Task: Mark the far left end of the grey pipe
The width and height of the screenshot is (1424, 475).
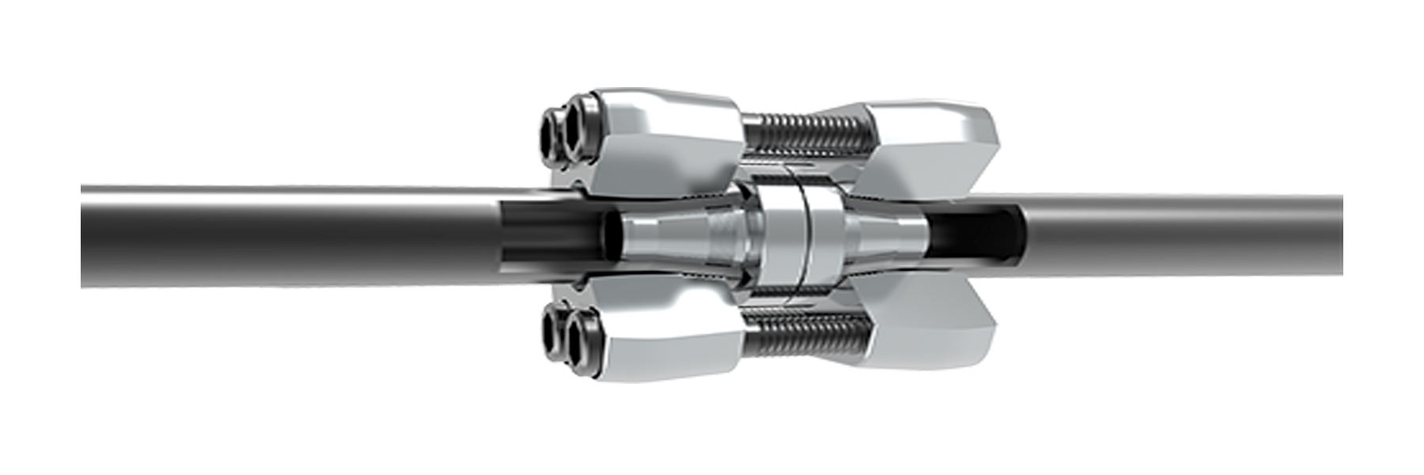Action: tap(85, 236)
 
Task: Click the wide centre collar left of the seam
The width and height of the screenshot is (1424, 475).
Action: tap(779, 237)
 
